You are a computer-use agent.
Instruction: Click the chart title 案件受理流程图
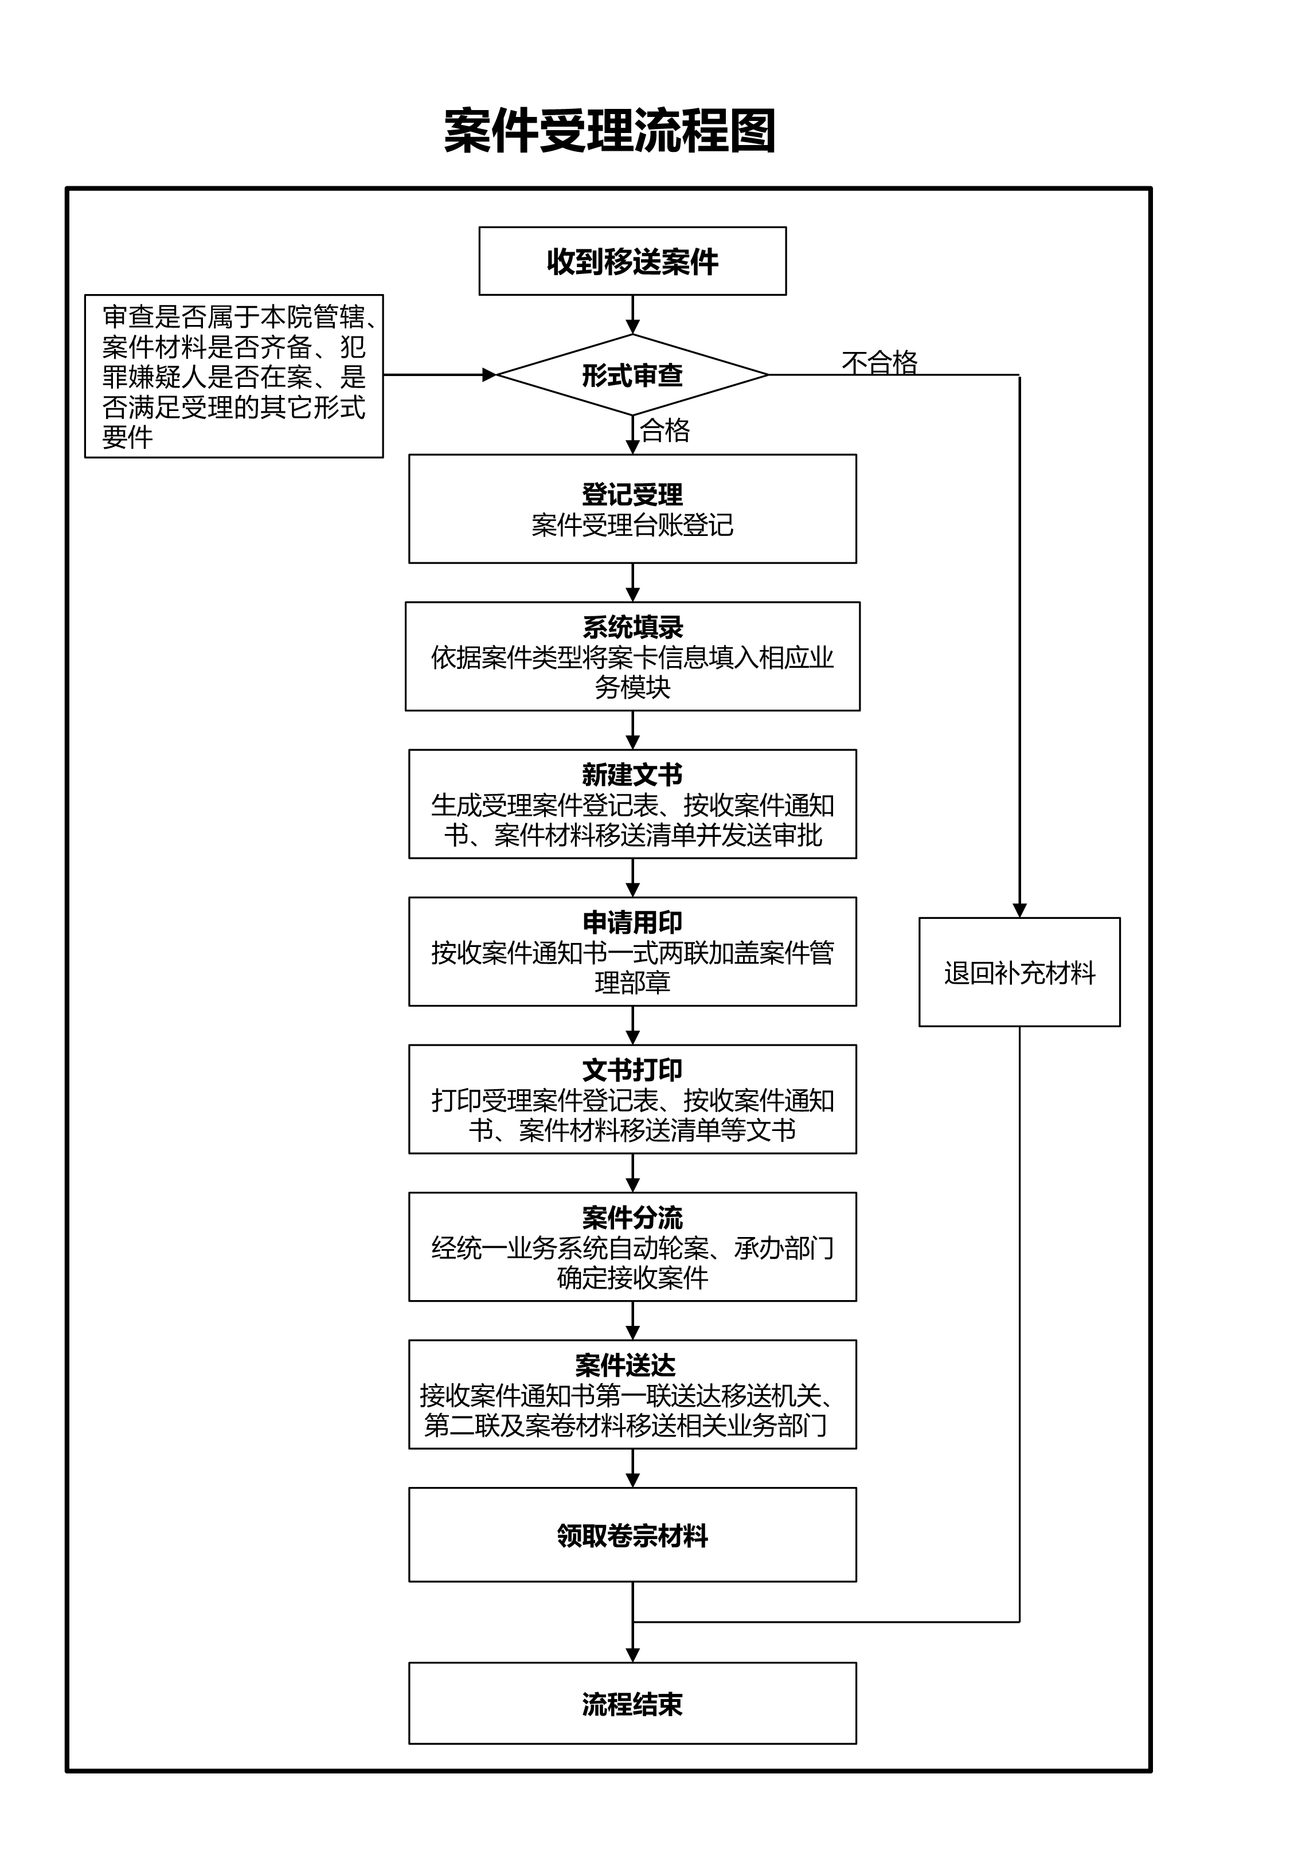[x=610, y=131]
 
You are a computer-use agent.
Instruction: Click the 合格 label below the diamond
[x=664, y=430]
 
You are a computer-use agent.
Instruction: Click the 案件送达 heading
[x=625, y=1365]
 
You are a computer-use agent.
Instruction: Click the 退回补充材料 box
[x=1019, y=973]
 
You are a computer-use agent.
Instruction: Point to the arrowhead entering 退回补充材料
[x=1019, y=910]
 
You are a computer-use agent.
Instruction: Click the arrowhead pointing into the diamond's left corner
[x=489, y=375]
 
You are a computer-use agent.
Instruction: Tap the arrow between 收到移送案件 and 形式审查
[x=633, y=315]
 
